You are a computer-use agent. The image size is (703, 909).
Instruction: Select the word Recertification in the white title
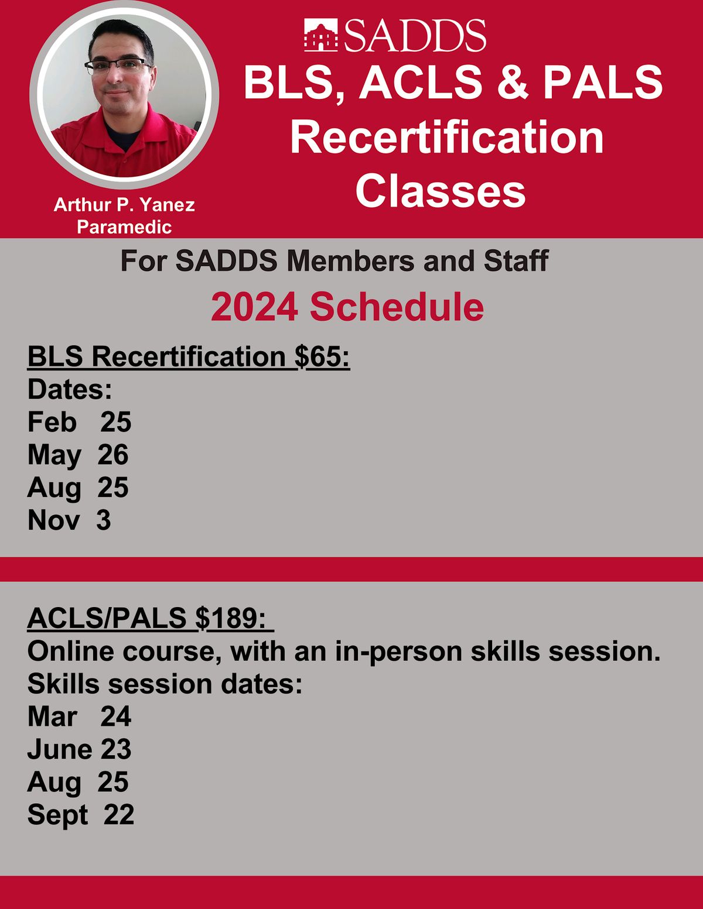446,137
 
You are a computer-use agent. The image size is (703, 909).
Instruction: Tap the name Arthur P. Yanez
124,205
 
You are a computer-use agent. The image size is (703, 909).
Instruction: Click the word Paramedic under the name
124,227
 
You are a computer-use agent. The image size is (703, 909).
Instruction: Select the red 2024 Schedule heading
347,307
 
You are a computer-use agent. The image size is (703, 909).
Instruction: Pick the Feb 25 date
79,422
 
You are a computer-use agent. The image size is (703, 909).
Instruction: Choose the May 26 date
78,455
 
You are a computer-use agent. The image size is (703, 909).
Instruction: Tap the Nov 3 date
69,520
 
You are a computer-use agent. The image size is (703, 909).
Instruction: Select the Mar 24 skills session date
79,716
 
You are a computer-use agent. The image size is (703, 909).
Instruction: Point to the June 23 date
79,749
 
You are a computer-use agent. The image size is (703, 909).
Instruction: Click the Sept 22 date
81,814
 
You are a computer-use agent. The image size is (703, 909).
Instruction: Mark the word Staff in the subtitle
516,260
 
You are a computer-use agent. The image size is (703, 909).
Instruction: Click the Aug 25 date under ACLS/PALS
78,782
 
